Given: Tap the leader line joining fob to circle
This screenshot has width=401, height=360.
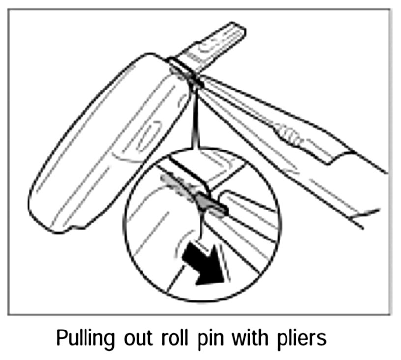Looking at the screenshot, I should click(x=195, y=118).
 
